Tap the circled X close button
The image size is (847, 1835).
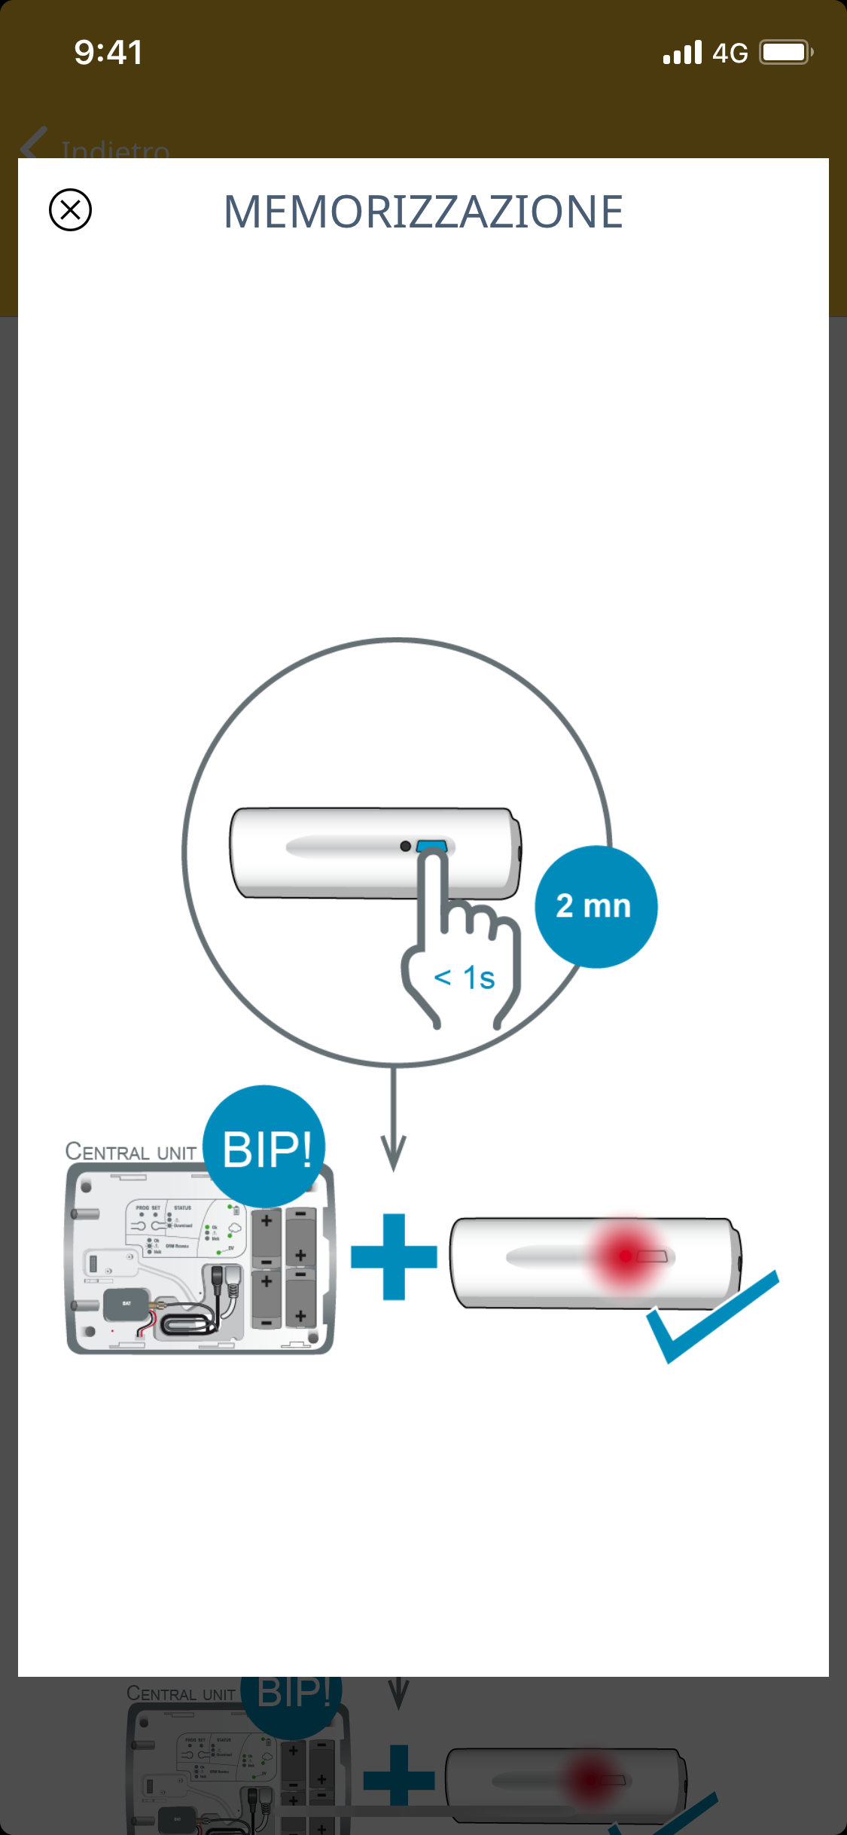pos(70,209)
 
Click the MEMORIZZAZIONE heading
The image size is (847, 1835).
pos(423,212)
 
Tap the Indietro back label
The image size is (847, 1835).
pos(115,149)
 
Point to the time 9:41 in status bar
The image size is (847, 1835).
pos(108,53)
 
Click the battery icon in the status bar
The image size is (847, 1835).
pos(785,53)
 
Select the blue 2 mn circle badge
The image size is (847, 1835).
pos(596,906)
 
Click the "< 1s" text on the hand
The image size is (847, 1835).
pos(465,978)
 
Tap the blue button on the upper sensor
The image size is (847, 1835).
pos(431,845)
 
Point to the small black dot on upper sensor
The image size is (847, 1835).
pos(405,846)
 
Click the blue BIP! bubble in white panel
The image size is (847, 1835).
pos(265,1146)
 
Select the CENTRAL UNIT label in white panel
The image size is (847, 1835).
pos(131,1152)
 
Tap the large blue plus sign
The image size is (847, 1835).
pos(394,1256)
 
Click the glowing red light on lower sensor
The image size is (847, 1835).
pos(625,1256)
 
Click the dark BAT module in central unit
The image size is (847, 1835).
pos(126,1304)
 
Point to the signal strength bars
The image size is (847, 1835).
pos(682,53)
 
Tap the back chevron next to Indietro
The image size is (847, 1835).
pos(34,143)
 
